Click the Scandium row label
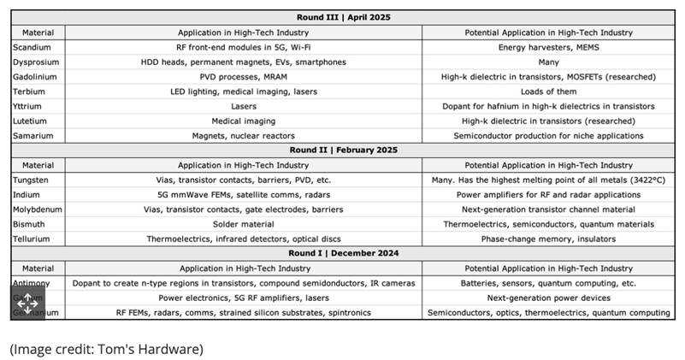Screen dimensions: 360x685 [x=32, y=47]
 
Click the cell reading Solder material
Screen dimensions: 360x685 [x=244, y=224]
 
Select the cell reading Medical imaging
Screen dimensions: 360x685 [x=244, y=121]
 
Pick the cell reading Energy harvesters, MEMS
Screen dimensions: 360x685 [x=548, y=47]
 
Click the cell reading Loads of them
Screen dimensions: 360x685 [x=548, y=91]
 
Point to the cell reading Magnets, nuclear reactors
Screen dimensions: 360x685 [x=244, y=135]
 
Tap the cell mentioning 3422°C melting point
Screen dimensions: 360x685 [x=548, y=180]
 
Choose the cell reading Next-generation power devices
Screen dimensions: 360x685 [x=548, y=298]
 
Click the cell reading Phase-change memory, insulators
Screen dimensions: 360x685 [x=548, y=239]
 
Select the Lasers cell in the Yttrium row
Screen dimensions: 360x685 [x=244, y=106]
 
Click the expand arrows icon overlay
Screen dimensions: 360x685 [x=27, y=301]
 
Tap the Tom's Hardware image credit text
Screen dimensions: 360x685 [x=107, y=349]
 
